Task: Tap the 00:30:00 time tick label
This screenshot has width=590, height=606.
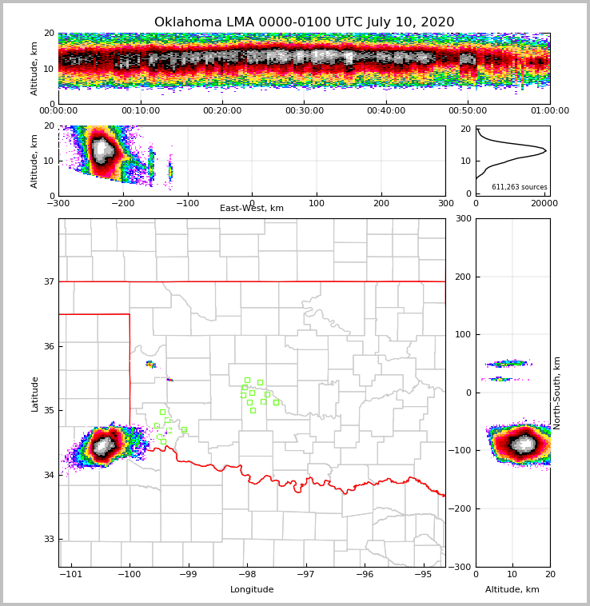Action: click(x=304, y=111)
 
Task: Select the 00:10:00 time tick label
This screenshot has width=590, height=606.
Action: click(x=140, y=111)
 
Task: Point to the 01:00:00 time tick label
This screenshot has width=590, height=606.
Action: click(x=549, y=111)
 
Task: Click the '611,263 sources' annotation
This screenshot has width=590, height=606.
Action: click(x=519, y=187)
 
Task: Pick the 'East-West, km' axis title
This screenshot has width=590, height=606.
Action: click(x=252, y=209)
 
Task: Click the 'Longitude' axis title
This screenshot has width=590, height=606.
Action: click(x=252, y=590)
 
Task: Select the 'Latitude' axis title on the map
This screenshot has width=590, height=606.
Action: click(x=35, y=393)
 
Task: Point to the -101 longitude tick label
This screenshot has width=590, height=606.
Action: click(x=72, y=575)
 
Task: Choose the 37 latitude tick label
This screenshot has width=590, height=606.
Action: click(x=49, y=281)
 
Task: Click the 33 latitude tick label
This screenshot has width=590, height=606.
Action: click(x=49, y=539)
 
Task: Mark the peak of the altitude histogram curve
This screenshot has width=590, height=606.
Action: click(x=546, y=150)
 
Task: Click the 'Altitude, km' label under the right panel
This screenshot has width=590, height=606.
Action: click(x=512, y=590)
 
